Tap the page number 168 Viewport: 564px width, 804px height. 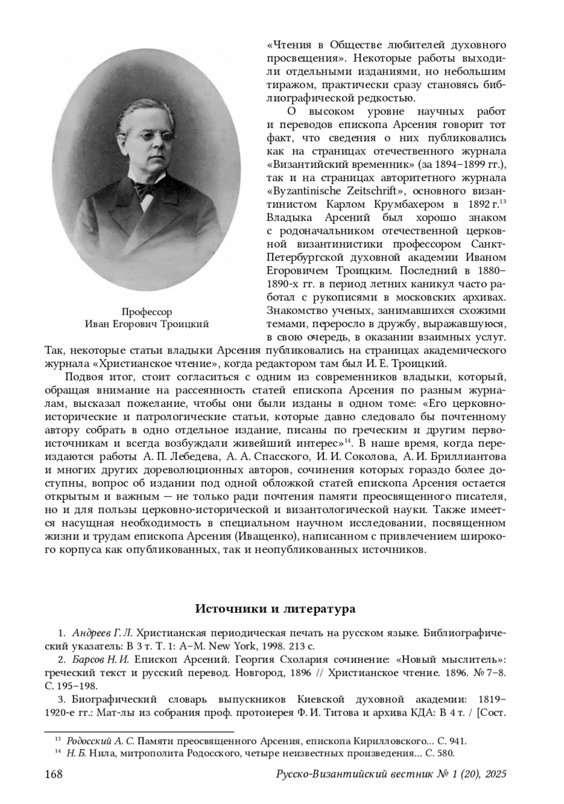click(x=54, y=774)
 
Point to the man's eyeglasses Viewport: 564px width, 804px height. click(x=149, y=137)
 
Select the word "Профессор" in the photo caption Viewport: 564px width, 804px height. click(x=147, y=312)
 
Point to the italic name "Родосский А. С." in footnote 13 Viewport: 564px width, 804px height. click(x=101, y=741)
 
